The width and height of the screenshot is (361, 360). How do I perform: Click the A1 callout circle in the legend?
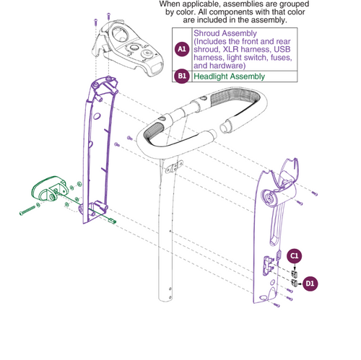click(x=182, y=49)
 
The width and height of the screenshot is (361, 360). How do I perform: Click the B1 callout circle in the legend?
click(x=182, y=76)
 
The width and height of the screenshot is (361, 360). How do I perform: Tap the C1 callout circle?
click(x=295, y=256)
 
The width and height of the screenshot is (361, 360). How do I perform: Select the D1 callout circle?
click(x=310, y=284)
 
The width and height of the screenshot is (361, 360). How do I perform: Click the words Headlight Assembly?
click(x=229, y=76)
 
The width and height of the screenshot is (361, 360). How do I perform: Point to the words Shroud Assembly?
click(x=225, y=33)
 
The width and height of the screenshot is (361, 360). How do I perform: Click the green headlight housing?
click(x=49, y=188)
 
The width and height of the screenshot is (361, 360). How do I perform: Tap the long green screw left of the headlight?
click(x=27, y=211)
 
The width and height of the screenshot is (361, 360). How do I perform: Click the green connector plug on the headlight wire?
click(x=113, y=221)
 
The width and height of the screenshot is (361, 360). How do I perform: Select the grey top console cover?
click(x=131, y=48)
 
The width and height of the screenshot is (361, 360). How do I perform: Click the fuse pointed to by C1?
click(x=294, y=274)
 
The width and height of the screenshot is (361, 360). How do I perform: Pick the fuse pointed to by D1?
click(x=294, y=283)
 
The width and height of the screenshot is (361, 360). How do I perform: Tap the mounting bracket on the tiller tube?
click(x=174, y=167)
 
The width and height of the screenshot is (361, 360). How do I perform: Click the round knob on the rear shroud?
click(x=268, y=198)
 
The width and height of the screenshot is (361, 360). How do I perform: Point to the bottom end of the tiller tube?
click(x=165, y=298)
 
